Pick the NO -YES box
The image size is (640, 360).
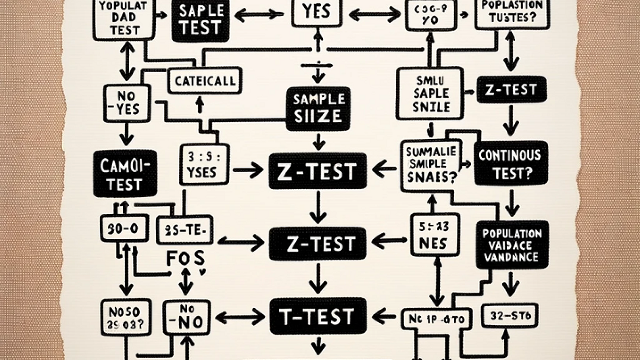point(126,103)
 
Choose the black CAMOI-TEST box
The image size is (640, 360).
point(125,173)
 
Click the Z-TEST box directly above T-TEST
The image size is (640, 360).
point(317,243)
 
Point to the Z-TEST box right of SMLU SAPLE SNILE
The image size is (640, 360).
point(511,90)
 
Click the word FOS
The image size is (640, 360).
point(185,259)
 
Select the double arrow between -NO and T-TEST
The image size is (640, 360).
point(239,316)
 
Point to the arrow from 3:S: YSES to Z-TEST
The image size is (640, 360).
point(248,170)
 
